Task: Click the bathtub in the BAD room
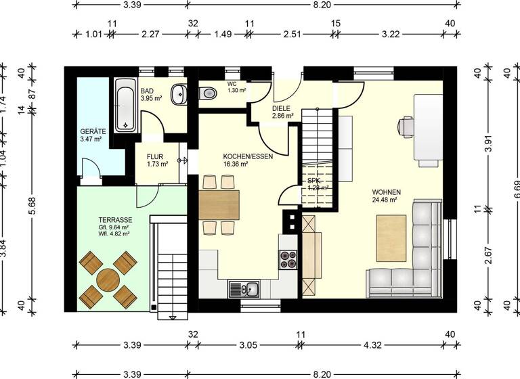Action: pos(125,106)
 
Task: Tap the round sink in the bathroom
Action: pos(179,94)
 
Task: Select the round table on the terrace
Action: pos(108,278)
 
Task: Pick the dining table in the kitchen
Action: pos(219,204)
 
